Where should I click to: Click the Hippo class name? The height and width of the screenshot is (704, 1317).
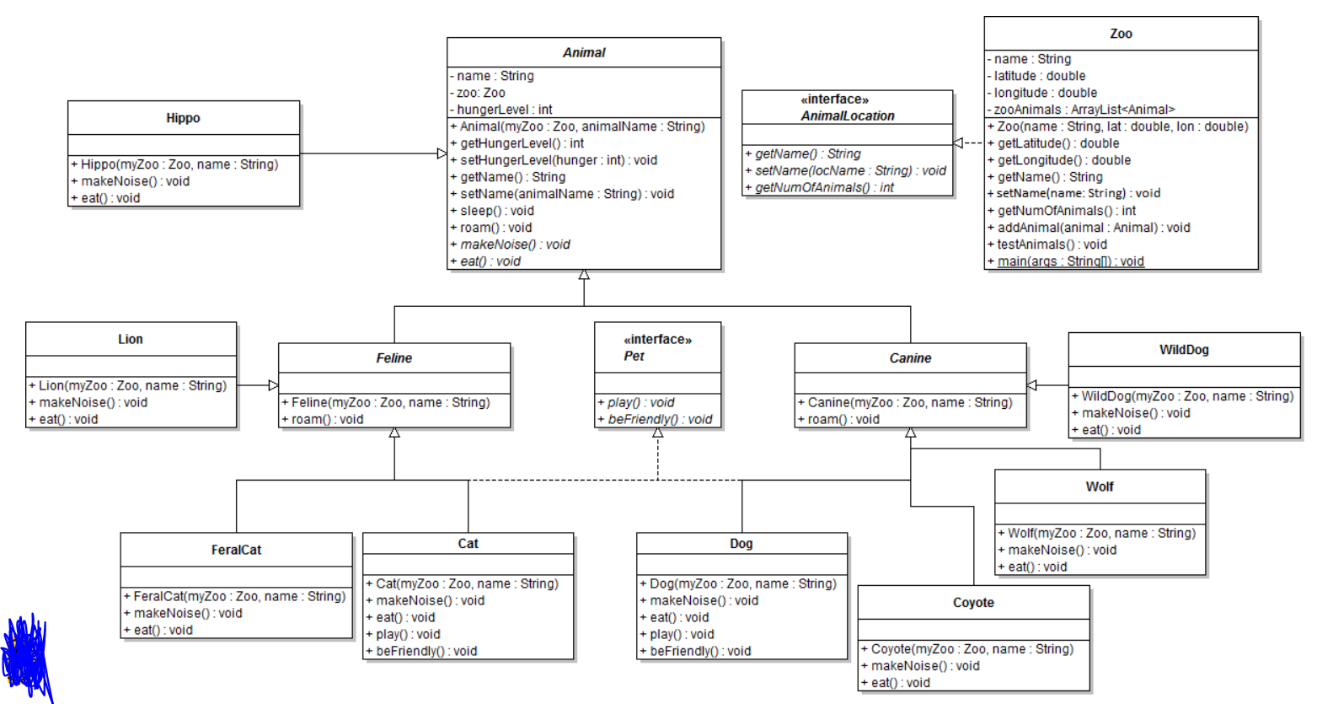(183, 118)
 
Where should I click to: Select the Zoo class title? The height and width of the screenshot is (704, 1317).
(1121, 34)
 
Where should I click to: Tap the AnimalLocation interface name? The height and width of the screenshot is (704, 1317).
(847, 116)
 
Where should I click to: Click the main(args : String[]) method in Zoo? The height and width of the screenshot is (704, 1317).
(1070, 261)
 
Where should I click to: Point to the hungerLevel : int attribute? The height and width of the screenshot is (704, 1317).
(504, 110)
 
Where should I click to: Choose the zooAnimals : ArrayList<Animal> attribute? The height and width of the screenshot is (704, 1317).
(1084, 110)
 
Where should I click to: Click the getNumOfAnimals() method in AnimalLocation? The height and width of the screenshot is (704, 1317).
(823, 187)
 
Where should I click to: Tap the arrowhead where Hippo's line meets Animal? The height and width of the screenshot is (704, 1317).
(442, 153)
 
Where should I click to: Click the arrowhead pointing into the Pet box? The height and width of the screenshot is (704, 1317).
(657, 433)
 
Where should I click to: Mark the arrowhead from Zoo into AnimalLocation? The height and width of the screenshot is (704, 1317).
(958, 142)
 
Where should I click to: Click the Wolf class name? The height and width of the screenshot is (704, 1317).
(1099, 486)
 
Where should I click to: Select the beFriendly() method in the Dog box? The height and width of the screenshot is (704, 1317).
(699, 651)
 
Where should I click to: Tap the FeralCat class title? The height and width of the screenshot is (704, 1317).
(236, 550)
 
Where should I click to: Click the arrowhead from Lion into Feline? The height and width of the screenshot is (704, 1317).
(273, 385)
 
